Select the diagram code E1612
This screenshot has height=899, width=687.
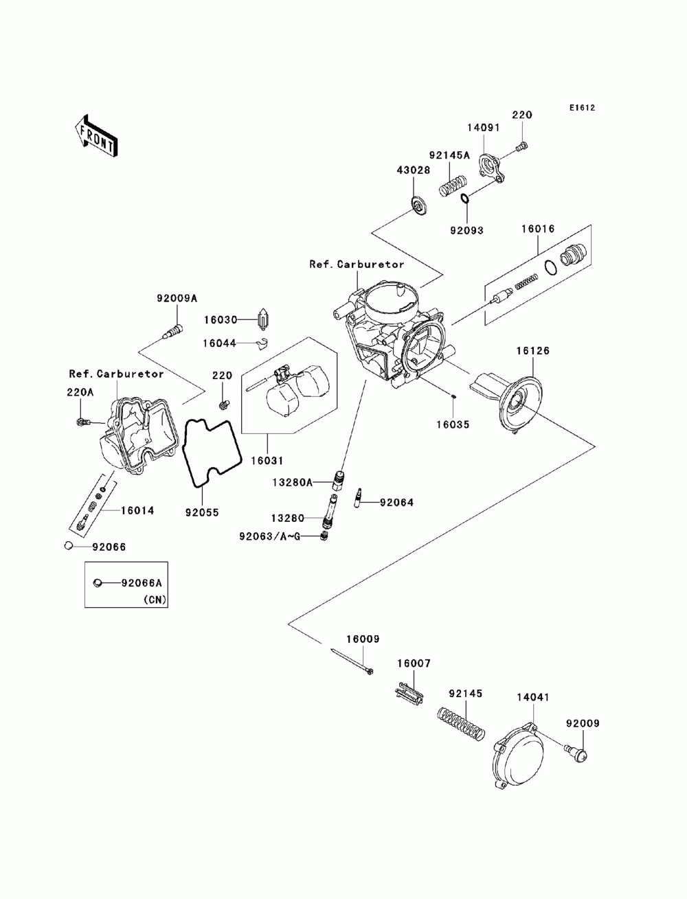581,108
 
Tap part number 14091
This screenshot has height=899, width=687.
484,128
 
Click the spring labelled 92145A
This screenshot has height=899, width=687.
453,185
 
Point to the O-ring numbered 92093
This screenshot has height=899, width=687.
465,200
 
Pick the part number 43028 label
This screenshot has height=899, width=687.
414,170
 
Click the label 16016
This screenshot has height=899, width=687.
537,229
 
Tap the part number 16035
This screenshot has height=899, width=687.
452,424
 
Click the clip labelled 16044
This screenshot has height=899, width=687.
260,342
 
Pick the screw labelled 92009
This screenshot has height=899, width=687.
576,753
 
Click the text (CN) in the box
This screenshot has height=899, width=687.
153,599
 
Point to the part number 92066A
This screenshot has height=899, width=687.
142,583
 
